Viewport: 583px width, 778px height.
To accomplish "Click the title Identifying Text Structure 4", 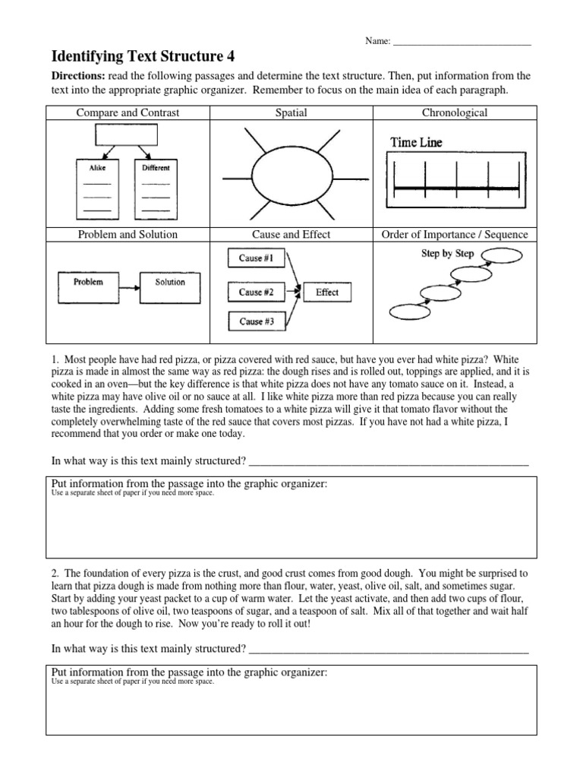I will [143, 56].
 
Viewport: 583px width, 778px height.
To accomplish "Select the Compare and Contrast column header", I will [128, 113].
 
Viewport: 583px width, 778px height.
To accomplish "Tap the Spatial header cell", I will [291, 113].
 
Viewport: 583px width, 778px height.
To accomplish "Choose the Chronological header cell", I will [454, 113].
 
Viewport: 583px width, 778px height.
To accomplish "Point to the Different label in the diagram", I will [156, 167].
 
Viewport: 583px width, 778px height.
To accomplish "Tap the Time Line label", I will [416, 142].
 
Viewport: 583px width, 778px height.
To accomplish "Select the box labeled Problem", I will [88, 282].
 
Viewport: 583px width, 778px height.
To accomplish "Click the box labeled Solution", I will [170, 282].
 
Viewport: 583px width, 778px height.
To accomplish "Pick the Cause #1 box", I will [251, 258].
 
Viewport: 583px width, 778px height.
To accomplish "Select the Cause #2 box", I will [251, 292].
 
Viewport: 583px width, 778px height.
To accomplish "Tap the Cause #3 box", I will [251, 322].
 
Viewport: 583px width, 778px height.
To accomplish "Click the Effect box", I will [327, 293].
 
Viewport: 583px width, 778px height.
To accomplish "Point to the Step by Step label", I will [448, 254].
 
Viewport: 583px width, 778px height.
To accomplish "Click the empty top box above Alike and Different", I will [126, 134].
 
